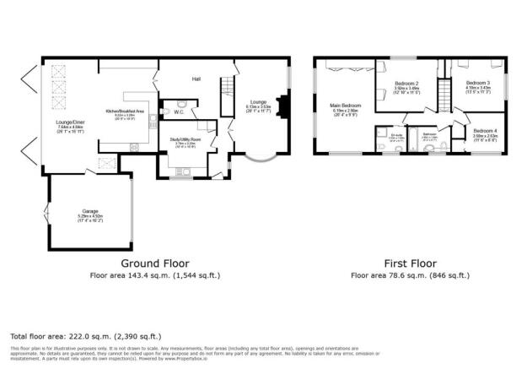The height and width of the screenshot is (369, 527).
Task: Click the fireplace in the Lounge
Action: pyautogui.click(x=283, y=107)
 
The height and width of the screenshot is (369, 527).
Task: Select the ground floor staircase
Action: pyautogui.click(x=225, y=95)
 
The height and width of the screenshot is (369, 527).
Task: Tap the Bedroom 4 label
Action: pyautogui.click(x=484, y=131)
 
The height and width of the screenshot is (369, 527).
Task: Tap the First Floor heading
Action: pyautogui.click(x=410, y=263)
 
